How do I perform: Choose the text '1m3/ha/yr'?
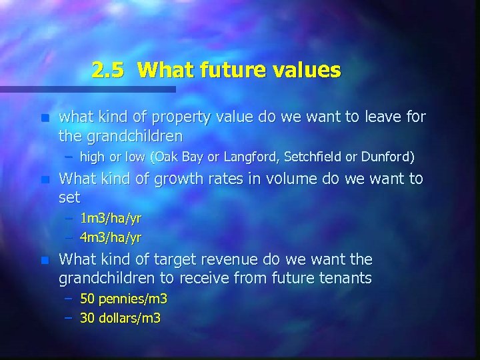point(110,218)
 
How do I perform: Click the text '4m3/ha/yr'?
point(110,237)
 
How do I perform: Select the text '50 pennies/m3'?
point(123,298)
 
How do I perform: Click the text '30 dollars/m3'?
point(120,317)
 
